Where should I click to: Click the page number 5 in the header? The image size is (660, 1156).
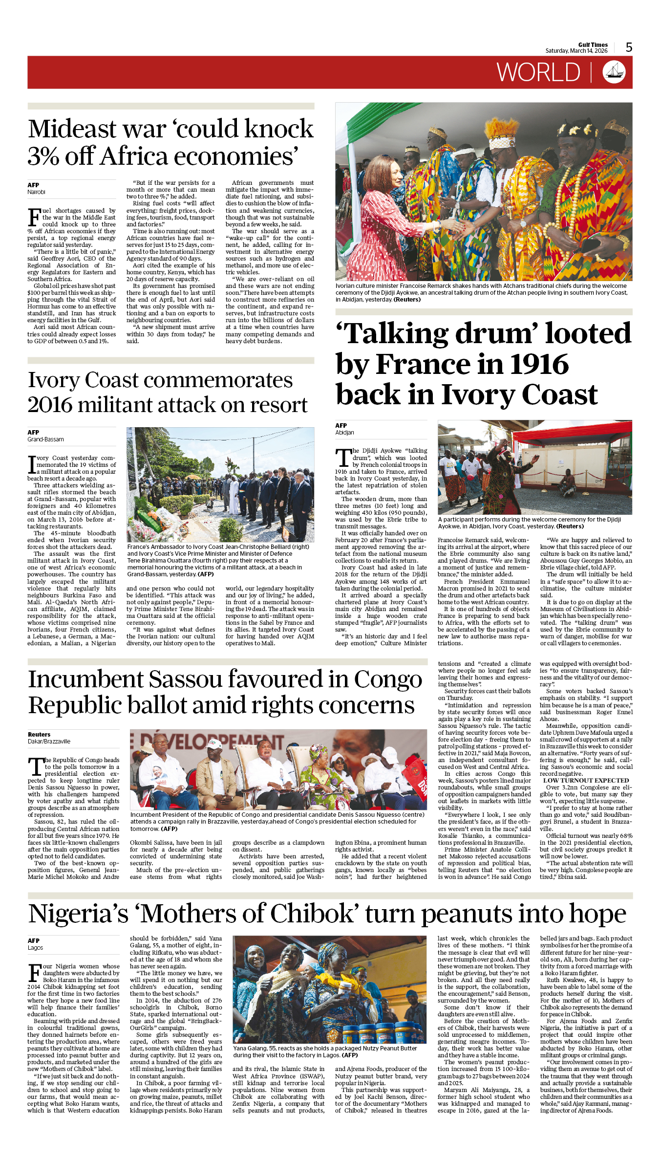[x=629, y=47]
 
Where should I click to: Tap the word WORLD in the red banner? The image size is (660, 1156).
[x=538, y=73]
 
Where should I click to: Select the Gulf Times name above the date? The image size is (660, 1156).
[x=593, y=44]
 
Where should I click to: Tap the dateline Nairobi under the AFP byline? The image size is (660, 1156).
[x=36, y=192]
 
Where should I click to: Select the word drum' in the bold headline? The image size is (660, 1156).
[x=495, y=333]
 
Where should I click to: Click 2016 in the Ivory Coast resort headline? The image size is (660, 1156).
[x=49, y=405]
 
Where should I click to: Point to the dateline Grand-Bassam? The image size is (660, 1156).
[x=45, y=439]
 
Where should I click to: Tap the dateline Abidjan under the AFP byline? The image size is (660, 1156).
[x=344, y=433]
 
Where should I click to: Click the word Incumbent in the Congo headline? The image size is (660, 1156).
[x=85, y=679]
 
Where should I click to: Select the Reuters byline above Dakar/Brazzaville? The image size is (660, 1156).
[x=39, y=734]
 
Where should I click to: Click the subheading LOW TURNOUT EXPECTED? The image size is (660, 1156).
[x=586, y=781]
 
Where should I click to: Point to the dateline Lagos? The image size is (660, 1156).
[x=35, y=947]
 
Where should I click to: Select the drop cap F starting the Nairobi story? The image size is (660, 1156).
[x=34, y=217]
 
